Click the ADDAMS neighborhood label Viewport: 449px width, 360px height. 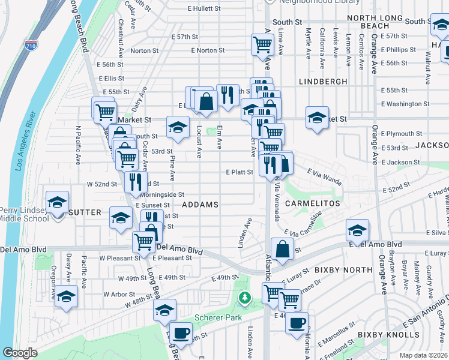(x=200, y=205)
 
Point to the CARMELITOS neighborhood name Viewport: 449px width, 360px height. (x=312, y=203)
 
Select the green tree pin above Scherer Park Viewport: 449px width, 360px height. (x=244, y=297)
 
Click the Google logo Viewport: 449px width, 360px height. (x=20, y=353)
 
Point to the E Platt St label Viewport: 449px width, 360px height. (x=239, y=172)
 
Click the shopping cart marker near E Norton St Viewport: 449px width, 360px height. (x=262, y=44)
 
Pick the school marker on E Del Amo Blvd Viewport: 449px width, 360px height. (x=357, y=230)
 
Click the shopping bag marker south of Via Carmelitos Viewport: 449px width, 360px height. (x=282, y=248)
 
